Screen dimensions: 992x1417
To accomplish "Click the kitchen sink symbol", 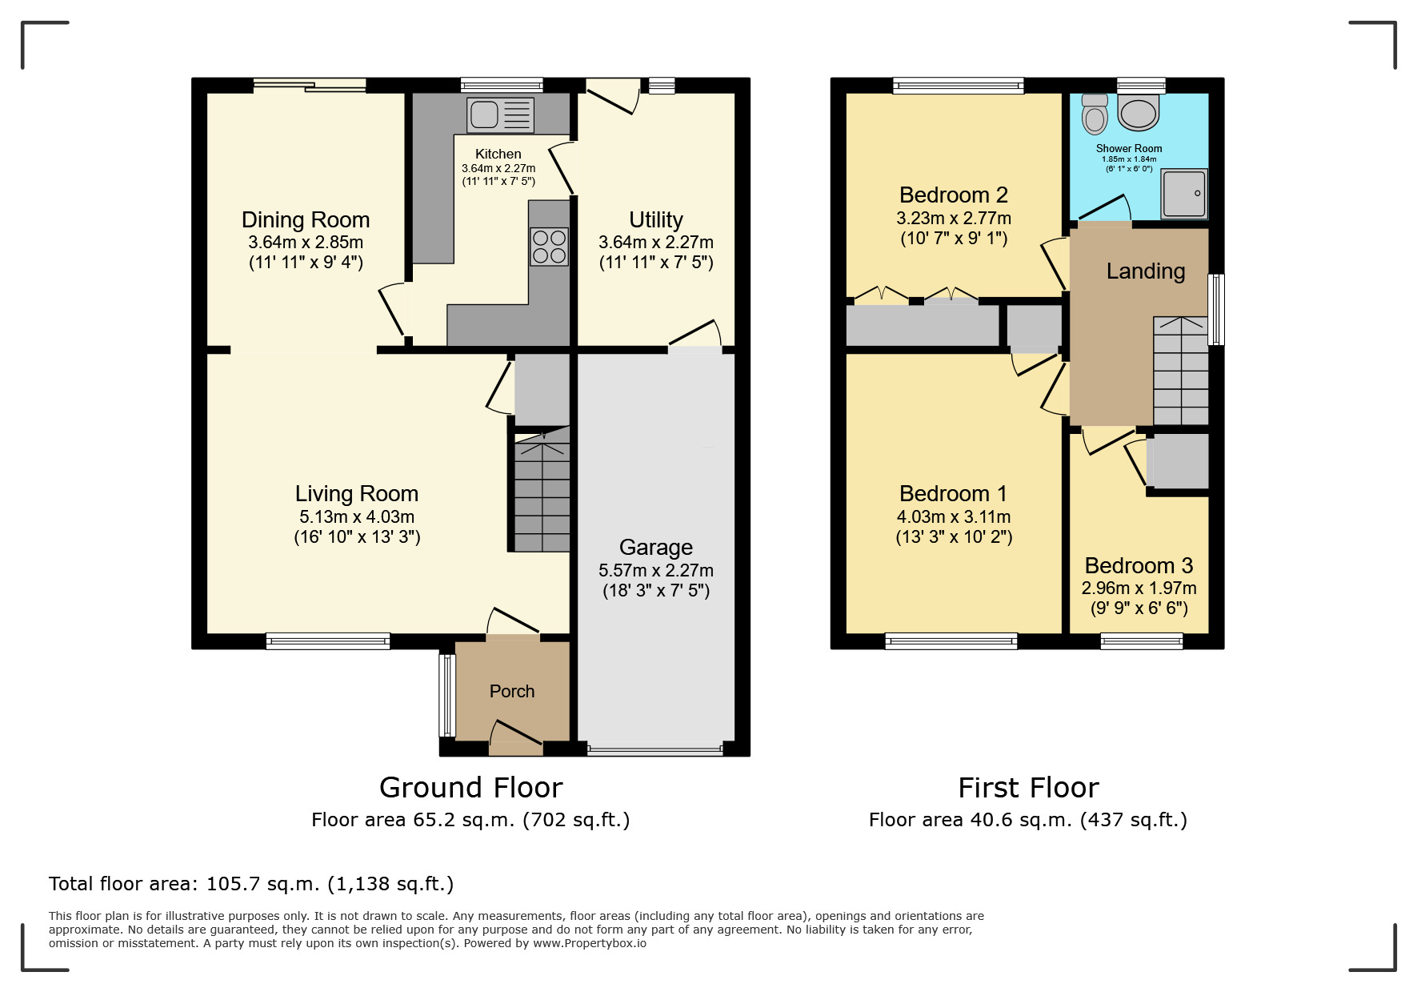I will click(500, 115).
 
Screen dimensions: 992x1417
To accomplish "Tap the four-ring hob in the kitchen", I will click(549, 246).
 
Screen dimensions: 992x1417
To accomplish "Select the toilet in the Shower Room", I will click(1095, 114).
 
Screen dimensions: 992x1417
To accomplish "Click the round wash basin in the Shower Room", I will click(1139, 112).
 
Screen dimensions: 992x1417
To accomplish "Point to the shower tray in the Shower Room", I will click(1184, 193).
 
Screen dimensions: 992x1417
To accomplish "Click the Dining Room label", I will click(306, 219).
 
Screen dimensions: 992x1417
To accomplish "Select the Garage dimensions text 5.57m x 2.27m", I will click(655, 570).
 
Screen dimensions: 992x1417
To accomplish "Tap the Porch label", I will click(512, 691).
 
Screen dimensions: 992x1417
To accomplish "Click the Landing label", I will click(1145, 271).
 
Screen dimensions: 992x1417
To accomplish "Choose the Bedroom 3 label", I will click(1139, 565).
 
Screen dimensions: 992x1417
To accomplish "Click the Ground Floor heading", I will click(470, 787).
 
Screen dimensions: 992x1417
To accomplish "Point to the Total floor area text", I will click(251, 883).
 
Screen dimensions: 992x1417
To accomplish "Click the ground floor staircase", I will click(542, 496).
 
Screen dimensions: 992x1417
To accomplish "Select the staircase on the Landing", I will click(1180, 371).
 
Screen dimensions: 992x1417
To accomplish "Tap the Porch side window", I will click(447, 695).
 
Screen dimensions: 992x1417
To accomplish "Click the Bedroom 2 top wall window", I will click(958, 85).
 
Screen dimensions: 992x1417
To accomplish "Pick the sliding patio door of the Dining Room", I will click(310, 85).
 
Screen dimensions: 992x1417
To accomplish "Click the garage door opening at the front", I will click(654, 750).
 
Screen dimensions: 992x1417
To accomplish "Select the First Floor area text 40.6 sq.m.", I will click(1027, 819).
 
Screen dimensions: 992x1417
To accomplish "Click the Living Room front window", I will click(327, 640).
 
